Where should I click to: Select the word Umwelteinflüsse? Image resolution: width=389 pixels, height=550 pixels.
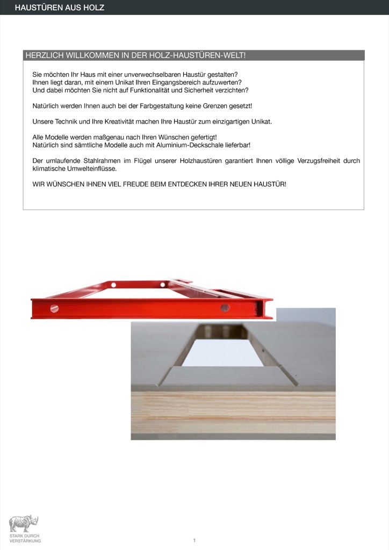91,168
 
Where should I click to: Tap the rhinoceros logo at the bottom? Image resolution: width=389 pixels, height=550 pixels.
24,524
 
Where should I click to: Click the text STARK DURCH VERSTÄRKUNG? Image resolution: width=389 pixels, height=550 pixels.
25,538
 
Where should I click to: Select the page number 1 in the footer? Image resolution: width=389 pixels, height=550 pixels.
195,540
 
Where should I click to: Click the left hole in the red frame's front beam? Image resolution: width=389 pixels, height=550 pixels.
54,308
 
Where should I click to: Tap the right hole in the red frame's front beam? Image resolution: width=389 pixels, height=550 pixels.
225,308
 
